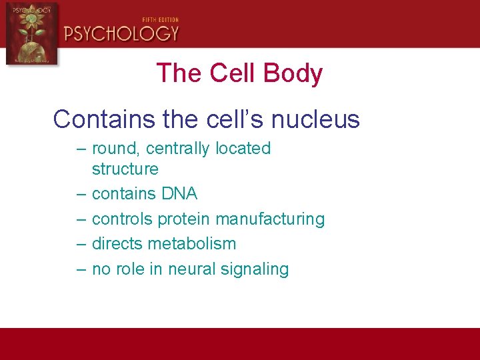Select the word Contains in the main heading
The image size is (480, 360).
[x=103, y=119]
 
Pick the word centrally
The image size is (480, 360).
[x=179, y=148]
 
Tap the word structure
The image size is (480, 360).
[x=125, y=169]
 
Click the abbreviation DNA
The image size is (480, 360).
[x=180, y=193]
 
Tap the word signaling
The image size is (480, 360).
[x=256, y=269]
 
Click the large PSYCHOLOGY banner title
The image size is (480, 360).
[x=121, y=33]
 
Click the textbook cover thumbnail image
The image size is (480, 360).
[x=31, y=33]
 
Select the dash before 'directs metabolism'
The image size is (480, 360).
[x=81, y=244]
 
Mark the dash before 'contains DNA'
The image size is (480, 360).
[x=81, y=194]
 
